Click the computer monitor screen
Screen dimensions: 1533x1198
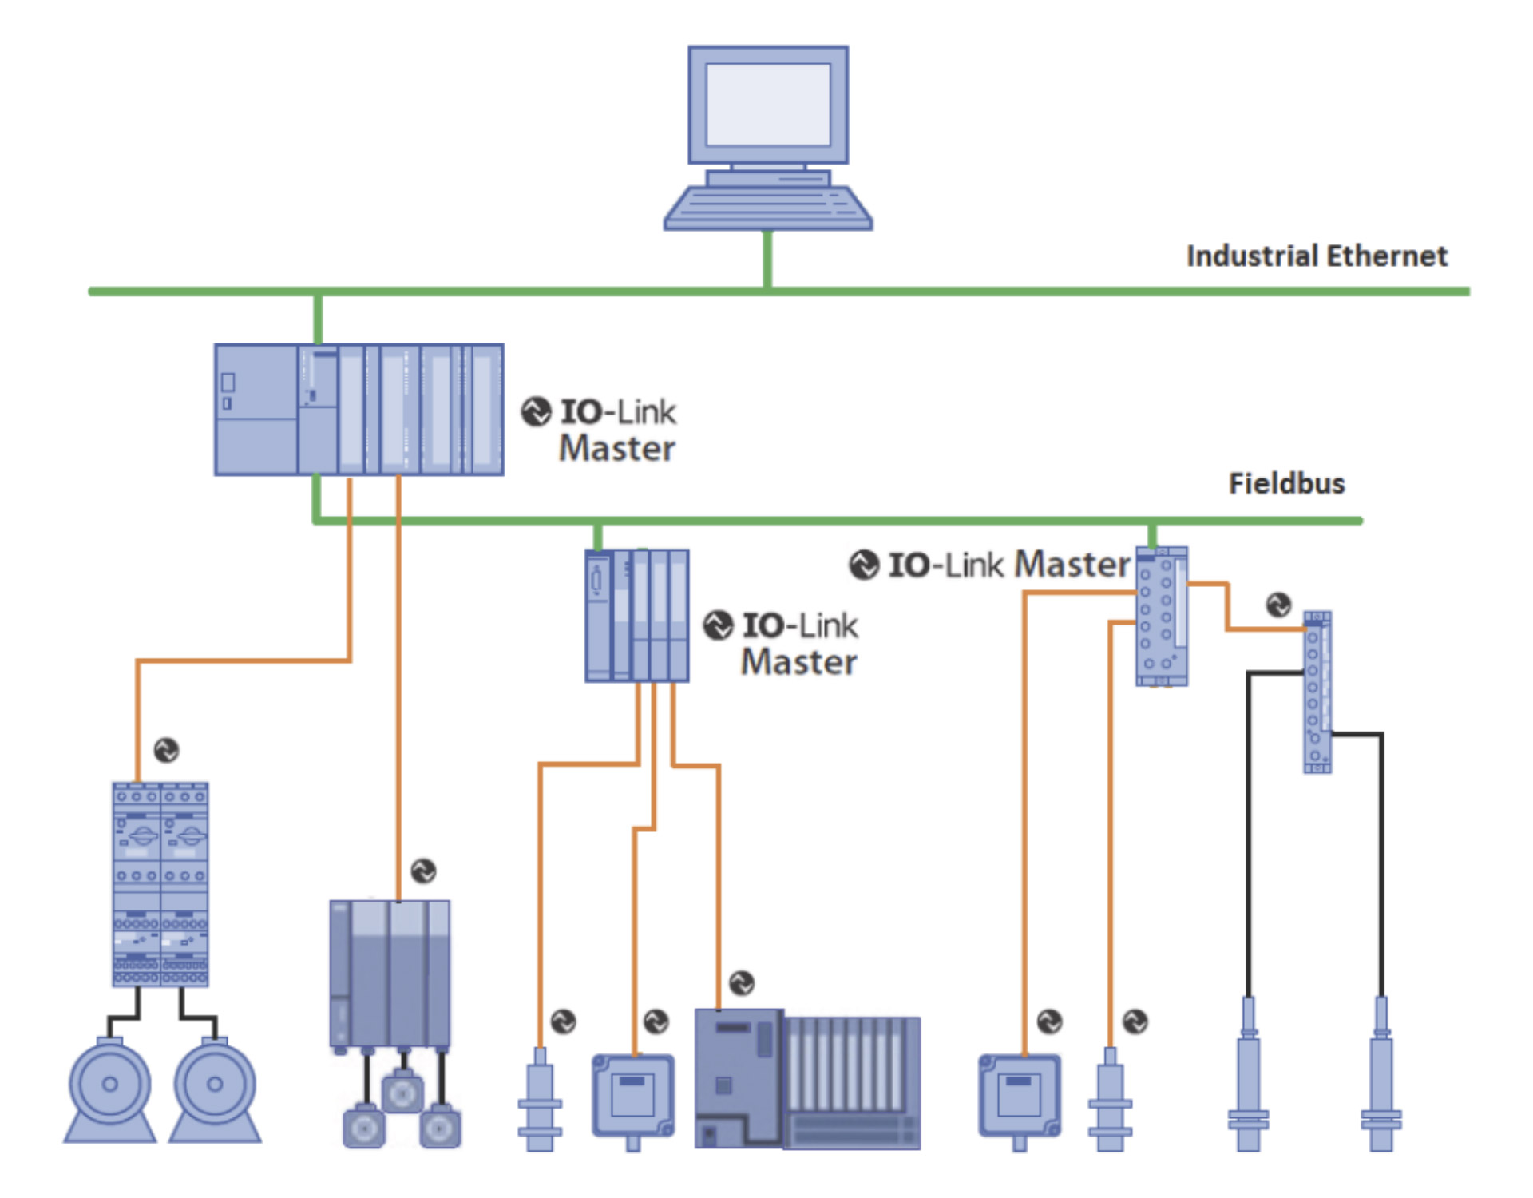pos(768,104)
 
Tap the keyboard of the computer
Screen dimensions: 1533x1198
pos(768,208)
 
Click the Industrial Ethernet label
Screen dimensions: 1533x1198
pos(1317,256)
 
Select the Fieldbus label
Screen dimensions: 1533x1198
pos(1286,484)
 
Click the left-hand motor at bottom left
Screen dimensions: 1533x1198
pos(110,1089)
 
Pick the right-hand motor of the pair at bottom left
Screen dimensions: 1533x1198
pos(215,1089)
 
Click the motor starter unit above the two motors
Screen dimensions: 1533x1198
pos(160,884)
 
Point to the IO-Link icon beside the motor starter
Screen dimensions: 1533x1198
pos(166,750)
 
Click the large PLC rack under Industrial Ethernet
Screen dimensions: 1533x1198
pos(359,410)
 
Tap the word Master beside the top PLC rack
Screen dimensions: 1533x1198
pos(617,448)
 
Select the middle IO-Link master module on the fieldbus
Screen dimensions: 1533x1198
pos(637,616)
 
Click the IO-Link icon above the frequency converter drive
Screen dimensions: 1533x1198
pos(423,871)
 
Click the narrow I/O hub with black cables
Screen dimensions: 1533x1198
pos(1317,692)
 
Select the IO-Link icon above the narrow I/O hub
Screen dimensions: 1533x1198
pos(1278,605)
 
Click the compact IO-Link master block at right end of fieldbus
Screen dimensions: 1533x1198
pos(1162,616)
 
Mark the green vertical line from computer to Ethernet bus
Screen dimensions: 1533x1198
pos(768,259)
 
